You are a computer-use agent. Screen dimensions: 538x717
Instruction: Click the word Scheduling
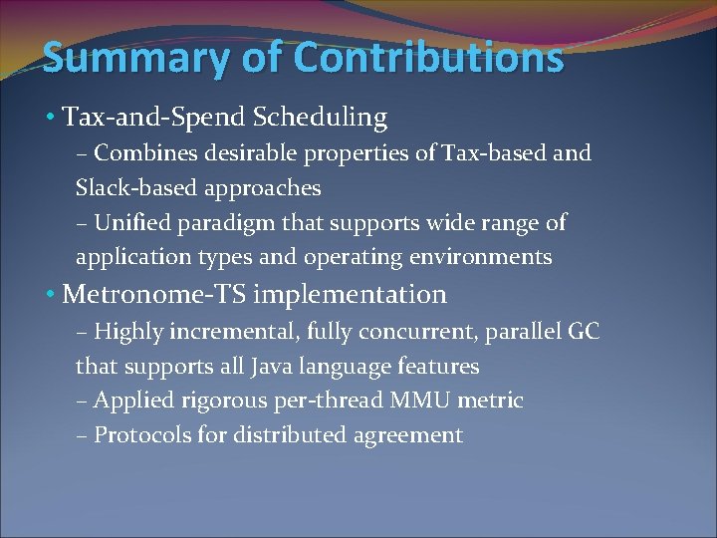click(320, 118)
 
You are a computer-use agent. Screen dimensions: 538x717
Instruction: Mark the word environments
click(476, 257)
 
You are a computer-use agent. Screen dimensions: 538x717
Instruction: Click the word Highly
click(129, 331)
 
